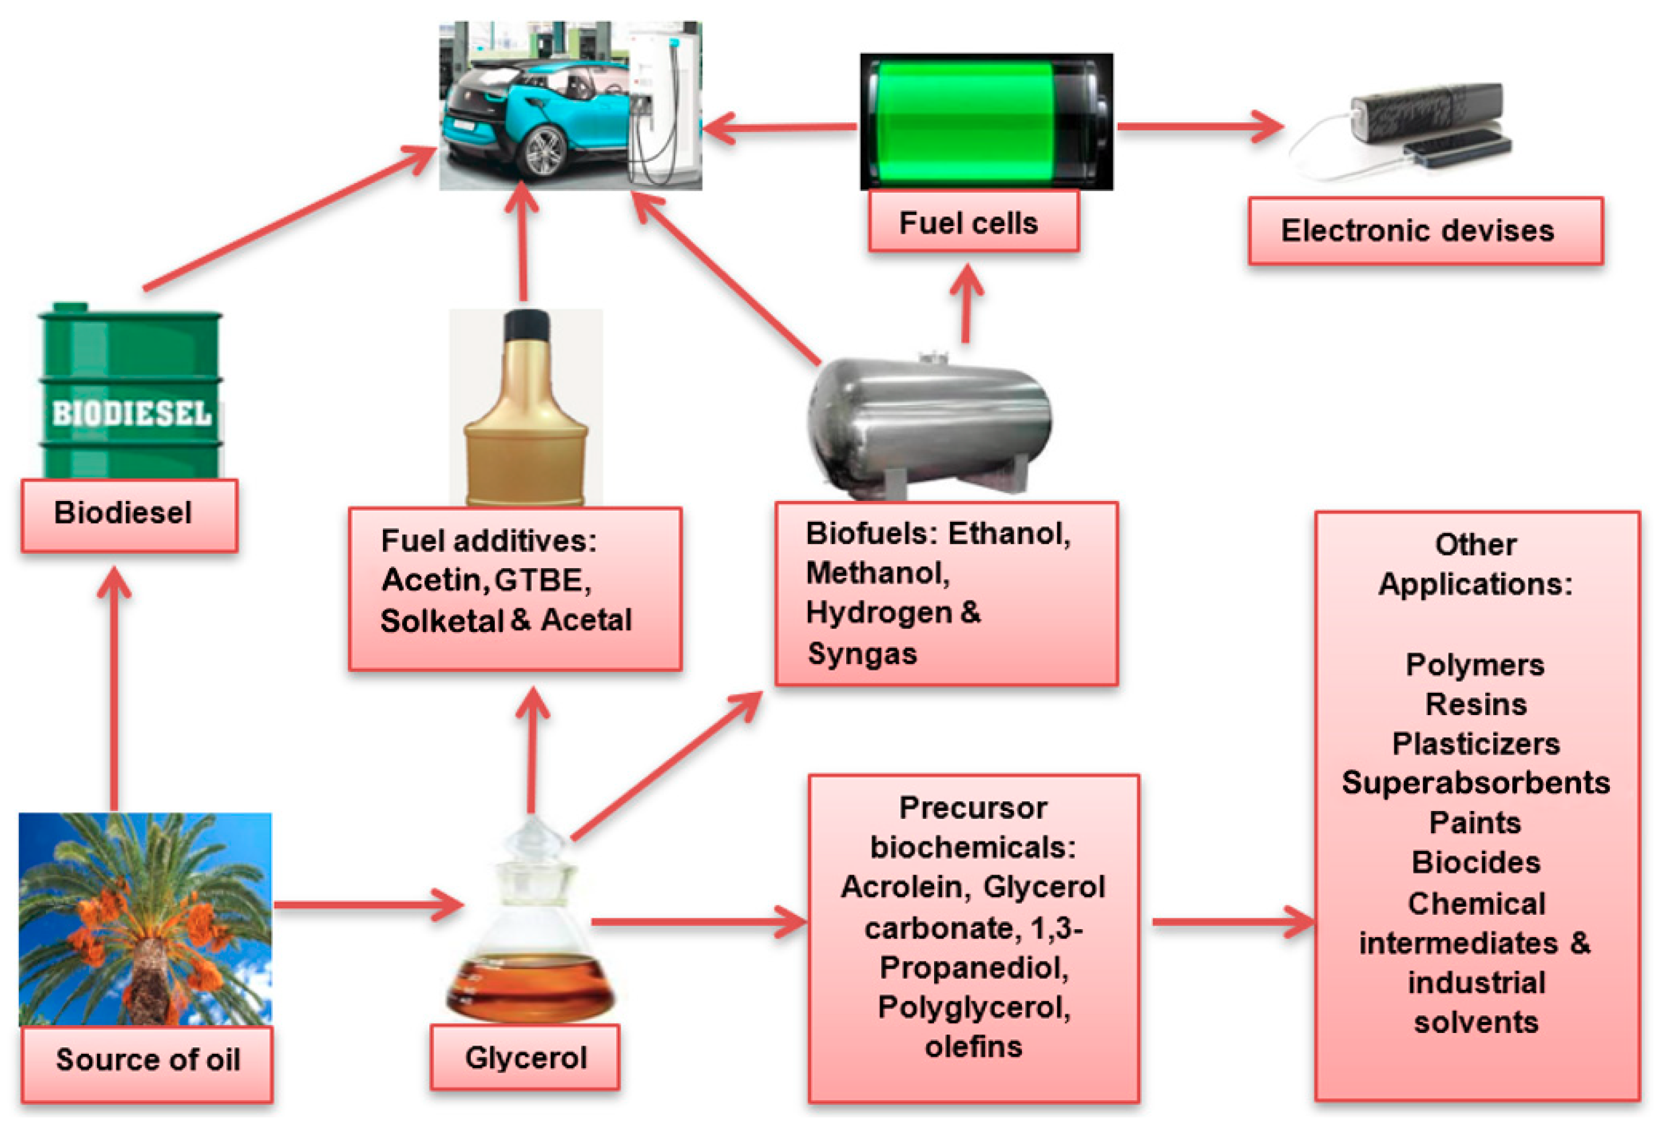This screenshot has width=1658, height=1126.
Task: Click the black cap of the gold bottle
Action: point(526,324)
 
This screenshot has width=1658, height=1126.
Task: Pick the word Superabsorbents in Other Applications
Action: point(1475,782)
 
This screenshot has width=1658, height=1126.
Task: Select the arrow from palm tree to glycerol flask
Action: point(367,904)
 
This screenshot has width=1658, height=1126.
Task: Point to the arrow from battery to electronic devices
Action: point(1199,126)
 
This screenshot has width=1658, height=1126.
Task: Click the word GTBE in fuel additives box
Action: point(538,580)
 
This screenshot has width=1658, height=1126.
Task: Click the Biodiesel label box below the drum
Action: point(129,514)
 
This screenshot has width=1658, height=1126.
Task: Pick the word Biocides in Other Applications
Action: point(1475,862)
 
